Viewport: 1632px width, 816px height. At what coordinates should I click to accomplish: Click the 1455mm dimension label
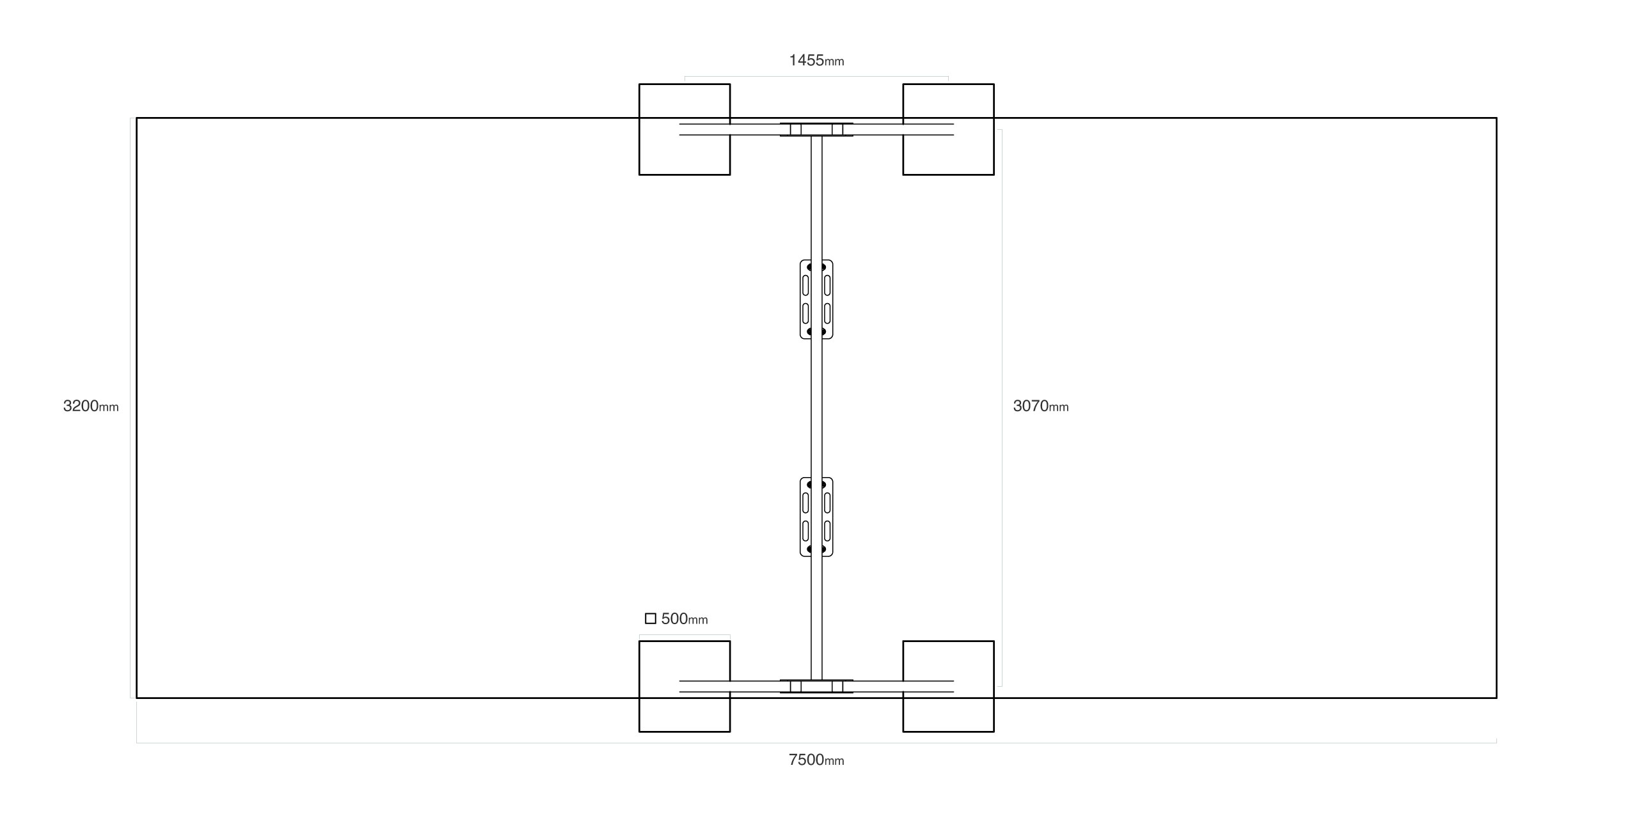[816, 61]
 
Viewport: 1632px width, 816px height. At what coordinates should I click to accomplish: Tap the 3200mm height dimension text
[91, 406]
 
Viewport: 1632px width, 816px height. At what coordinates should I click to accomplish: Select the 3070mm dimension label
[1041, 406]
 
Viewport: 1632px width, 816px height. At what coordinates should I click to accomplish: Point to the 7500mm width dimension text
[816, 760]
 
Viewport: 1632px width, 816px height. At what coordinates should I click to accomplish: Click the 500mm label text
[685, 619]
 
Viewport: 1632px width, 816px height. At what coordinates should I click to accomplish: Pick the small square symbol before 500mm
[651, 618]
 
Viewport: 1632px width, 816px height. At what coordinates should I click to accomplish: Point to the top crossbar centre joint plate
[816, 130]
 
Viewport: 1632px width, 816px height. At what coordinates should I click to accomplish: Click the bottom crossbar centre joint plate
[816, 686]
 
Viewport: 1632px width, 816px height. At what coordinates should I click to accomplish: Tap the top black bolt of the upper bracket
[816, 267]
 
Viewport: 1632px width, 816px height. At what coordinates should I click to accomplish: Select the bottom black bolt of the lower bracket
[816, 549]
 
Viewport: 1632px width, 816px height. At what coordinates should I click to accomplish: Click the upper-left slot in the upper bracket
[805, 285]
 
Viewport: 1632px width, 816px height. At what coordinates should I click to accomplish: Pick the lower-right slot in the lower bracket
[827, 531]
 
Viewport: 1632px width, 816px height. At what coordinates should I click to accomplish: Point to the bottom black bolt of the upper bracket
[816, 332]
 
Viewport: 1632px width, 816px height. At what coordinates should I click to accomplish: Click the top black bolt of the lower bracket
[816, 485]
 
